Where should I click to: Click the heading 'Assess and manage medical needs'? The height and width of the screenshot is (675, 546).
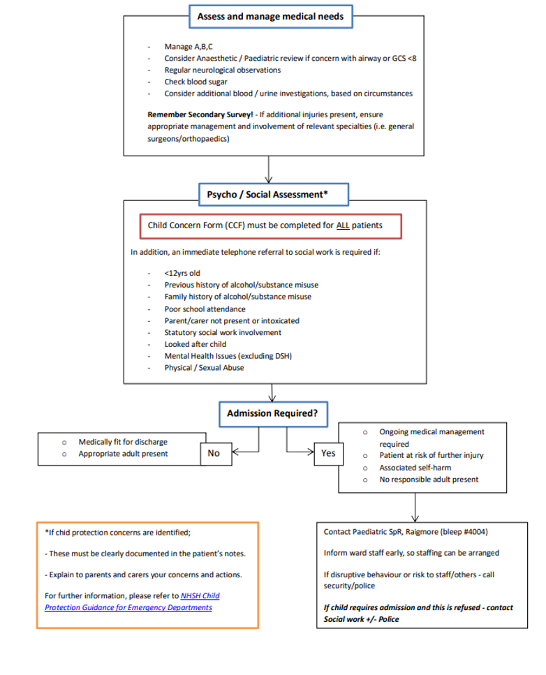coord(270,16)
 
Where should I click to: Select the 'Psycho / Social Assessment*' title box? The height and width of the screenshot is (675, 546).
coord(268,195)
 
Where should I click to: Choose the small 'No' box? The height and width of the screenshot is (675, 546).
coord(214,453)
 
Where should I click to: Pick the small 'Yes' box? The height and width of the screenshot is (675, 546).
coord(328,453)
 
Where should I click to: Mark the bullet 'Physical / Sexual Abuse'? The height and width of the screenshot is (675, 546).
coord(204,368)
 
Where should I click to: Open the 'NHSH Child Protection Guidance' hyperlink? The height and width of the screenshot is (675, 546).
coord(200,595)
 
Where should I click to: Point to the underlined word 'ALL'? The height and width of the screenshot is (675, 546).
coord(343,225)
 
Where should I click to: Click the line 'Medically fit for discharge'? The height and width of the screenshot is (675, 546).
coord(123,442)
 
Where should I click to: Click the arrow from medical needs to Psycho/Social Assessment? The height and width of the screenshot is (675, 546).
coord(268,170)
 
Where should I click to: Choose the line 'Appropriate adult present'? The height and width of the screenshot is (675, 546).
coord(123,454)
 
